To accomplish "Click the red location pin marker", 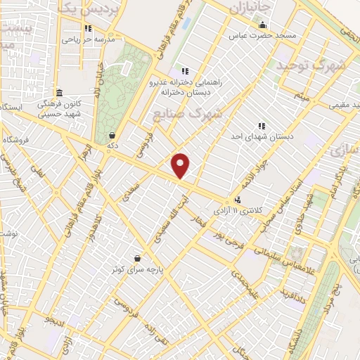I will tap(181, 166).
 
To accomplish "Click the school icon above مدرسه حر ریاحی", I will tap(88, 29).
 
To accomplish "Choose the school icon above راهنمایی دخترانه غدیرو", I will tap(185, 71).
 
